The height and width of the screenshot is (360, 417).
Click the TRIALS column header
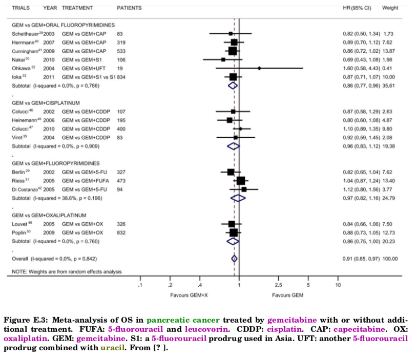coord(20,8)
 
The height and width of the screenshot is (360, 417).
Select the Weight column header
coord(390,8)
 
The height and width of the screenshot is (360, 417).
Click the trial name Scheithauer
coord(23,33)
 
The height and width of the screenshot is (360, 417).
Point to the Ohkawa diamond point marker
coord(259,68)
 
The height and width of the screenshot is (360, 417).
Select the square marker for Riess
coord(241,180)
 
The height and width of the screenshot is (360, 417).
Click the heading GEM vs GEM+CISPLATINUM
coord(46,102)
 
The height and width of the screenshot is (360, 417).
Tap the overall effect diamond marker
coord(234,259)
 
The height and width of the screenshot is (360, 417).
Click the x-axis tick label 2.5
coord(278,285)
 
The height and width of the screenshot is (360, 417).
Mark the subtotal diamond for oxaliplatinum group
coord(233,241)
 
